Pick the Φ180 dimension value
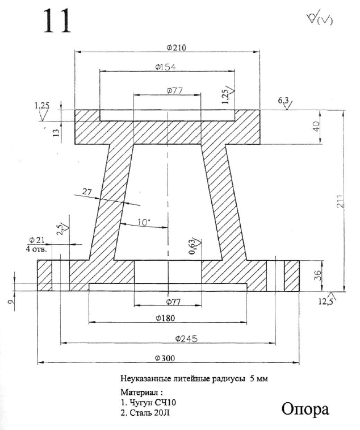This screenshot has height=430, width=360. pos(168,318)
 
